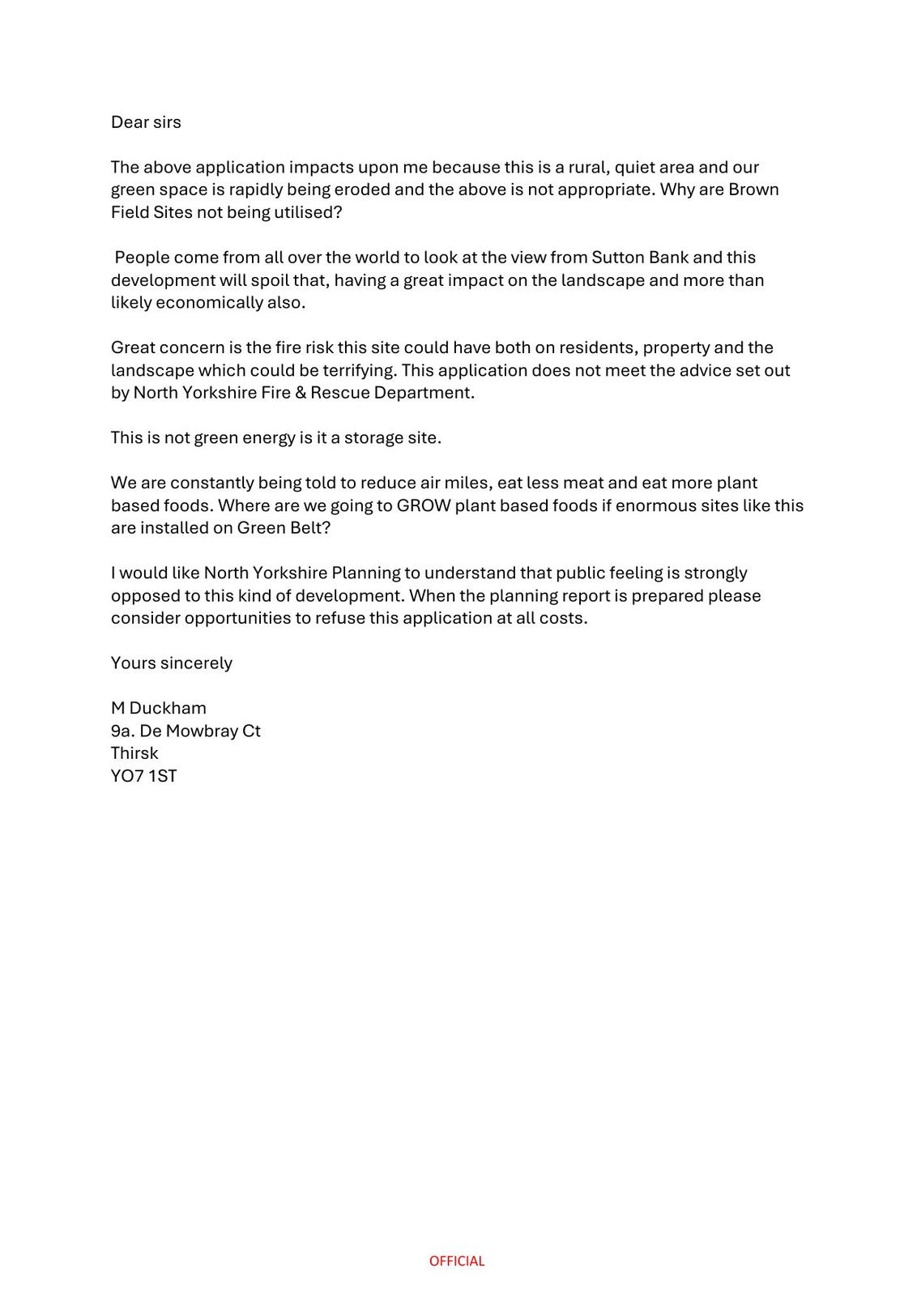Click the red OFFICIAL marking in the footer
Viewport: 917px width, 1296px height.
point(457,1261)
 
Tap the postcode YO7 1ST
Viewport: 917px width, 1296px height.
point(143,776)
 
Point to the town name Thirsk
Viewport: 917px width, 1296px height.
point(134,753)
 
